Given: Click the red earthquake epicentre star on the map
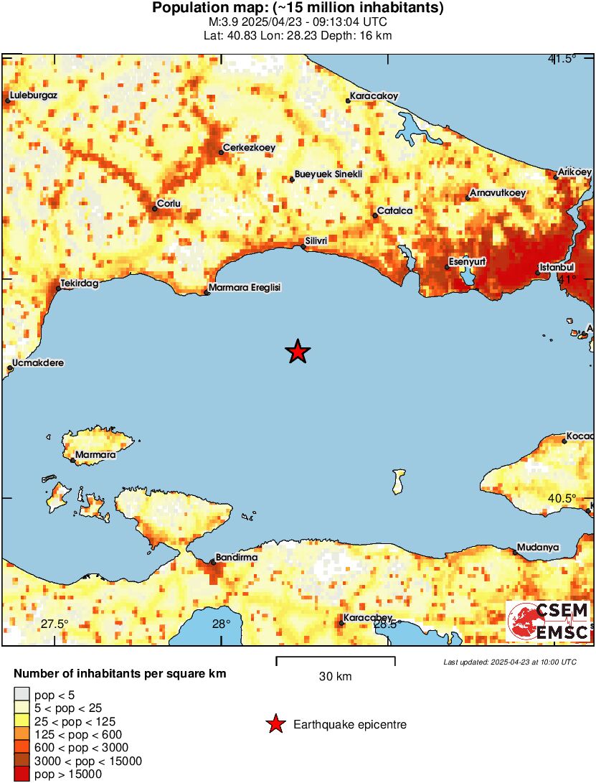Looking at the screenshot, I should point(298,352).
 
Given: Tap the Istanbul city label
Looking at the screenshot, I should point(557,268).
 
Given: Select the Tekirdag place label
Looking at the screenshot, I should point(79,283).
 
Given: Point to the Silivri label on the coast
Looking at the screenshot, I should point(316,241).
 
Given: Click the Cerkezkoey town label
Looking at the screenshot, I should point(249,148).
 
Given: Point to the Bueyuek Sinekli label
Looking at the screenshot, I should point(328,174).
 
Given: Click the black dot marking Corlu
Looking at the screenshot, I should point(154,209).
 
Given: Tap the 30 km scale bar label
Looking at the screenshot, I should point(335,676).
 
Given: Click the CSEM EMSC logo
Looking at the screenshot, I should point(549,622).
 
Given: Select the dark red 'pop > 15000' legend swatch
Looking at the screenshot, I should point(22,774).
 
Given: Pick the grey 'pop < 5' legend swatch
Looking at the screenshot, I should point(22,694).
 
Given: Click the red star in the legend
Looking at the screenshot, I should point(275,725).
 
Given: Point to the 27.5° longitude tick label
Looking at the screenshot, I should point(54,624).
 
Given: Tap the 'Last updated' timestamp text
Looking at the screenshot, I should point(509,661).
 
